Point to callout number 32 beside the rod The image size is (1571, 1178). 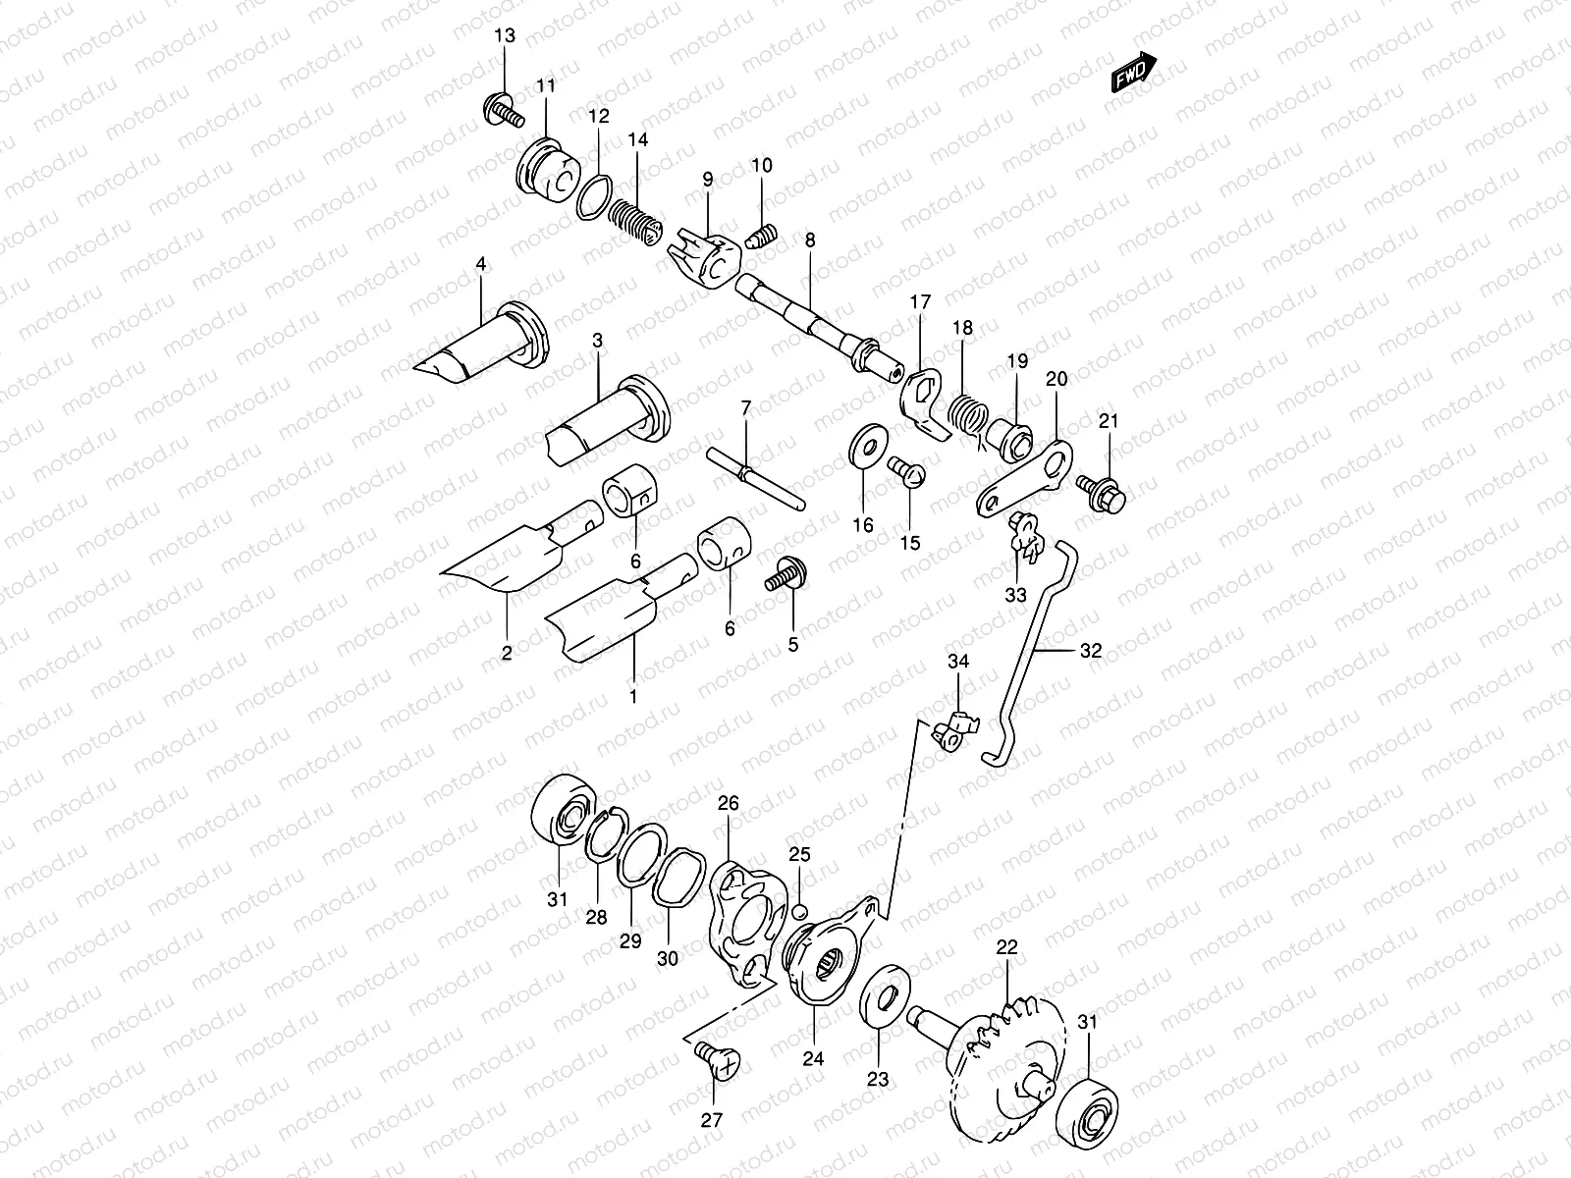click(1091, 650)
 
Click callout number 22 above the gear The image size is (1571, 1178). click(1007, 947)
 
